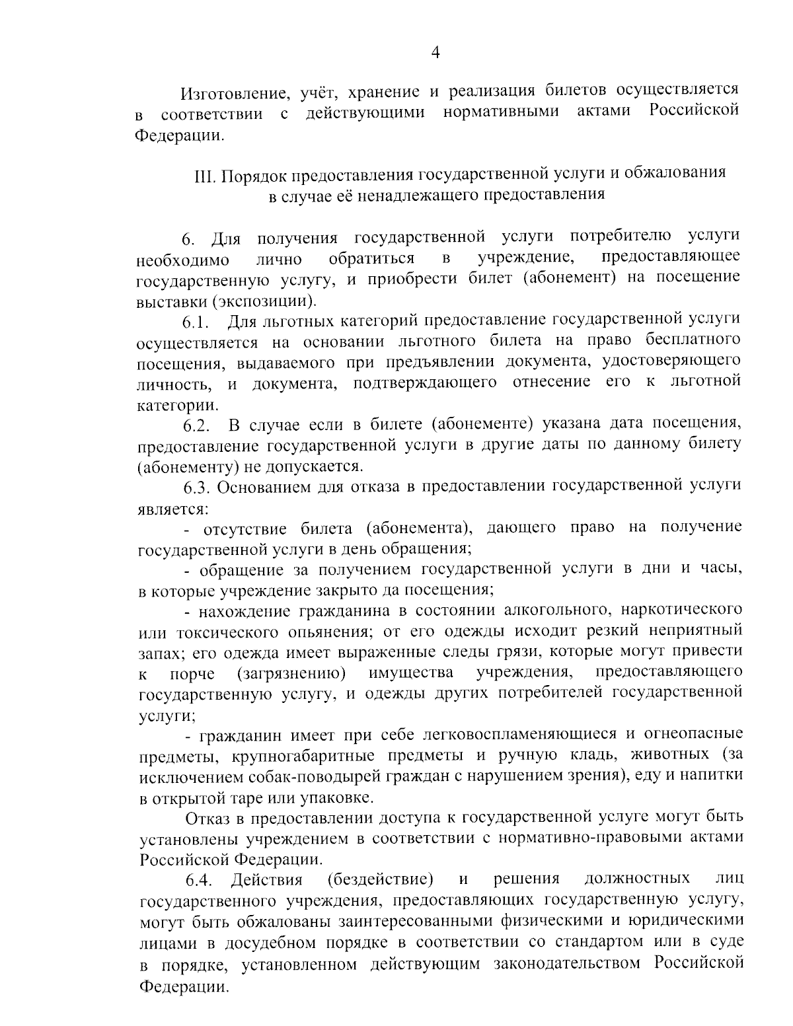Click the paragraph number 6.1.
[196, 323]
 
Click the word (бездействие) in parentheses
[380, 879]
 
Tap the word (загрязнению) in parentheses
[292, 673]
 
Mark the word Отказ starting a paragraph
[209, 819]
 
